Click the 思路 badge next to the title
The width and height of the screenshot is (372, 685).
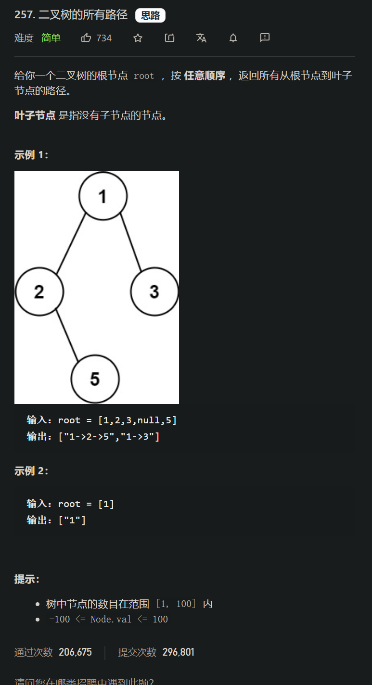tap(150, 15)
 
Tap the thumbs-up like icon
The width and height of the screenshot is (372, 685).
tap(86, 38)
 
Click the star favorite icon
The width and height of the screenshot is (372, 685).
tap(138, 38)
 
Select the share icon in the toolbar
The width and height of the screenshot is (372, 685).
tap(169, 38)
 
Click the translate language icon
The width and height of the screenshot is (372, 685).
tap(201, 38)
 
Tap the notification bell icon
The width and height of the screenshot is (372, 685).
tap(233, 38)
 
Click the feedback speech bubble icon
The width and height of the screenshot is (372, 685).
tap(265, 38)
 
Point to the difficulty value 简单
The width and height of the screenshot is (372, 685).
tap(51, 38)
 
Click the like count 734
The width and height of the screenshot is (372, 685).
tap(104, 38)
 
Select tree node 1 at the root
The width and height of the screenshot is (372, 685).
tap(103, 196)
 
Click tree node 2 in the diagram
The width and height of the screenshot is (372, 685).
tap(39, 292)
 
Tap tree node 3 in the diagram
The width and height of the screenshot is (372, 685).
tap(154, 292)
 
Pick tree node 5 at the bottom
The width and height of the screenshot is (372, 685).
tap(95, 379)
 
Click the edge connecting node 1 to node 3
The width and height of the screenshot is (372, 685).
tap(131, 242)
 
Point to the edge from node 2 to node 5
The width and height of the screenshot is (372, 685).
tap(66, 335)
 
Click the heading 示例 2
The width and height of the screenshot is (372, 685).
tap(31, 471)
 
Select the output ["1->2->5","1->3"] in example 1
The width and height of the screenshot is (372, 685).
tap(109, 436)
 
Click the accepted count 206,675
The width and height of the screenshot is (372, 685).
tap(75, 652)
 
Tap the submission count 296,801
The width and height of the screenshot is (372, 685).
tap(178, 652)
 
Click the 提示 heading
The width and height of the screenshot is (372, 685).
tap(27, 579)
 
